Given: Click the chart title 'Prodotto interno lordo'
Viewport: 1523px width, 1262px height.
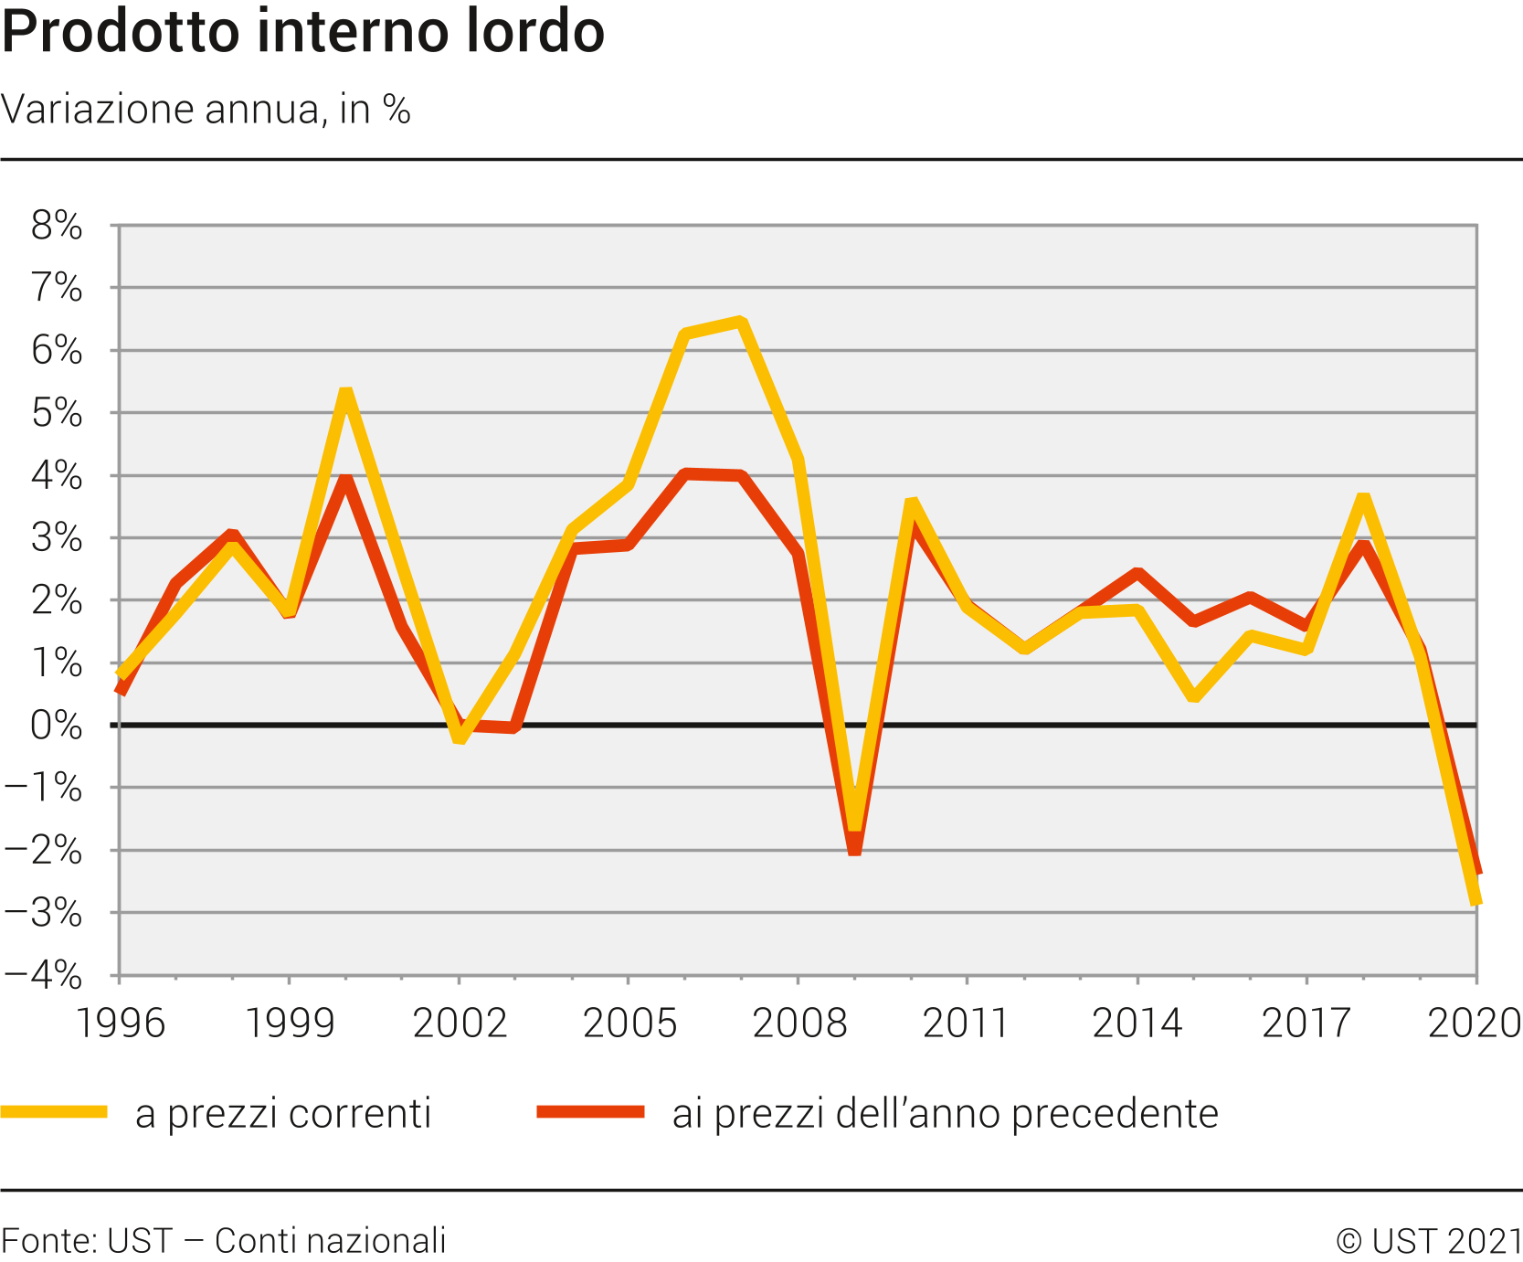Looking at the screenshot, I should [302, 33].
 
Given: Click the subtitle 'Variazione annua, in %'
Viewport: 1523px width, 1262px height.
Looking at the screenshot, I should [206, 110].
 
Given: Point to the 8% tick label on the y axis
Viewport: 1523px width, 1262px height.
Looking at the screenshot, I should [57, 226].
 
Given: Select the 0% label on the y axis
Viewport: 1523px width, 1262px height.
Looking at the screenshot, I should [57, 726].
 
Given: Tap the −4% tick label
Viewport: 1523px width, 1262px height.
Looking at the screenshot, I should [44, 976].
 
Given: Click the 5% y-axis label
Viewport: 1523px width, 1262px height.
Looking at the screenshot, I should [57, 414].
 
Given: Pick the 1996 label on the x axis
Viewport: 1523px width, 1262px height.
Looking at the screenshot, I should [120, 1023].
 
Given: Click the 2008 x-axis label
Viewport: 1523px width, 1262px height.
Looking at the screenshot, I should [799, 1023].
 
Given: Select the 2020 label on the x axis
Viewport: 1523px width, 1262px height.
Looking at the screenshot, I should [1474, 1023].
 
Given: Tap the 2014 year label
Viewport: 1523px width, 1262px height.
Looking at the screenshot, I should [1137, 1023].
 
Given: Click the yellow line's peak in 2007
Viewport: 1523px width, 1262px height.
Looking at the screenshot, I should [741, 322].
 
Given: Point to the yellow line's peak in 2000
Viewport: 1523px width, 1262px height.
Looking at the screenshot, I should [345, 393].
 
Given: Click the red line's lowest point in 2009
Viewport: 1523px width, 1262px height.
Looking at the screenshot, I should [854, 850].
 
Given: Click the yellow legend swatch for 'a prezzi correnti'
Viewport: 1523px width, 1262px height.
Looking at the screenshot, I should [54, 1112].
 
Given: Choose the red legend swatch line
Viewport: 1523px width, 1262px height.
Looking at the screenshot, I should [590, 1112].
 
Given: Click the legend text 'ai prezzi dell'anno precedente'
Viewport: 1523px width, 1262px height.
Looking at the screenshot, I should [945, 1114].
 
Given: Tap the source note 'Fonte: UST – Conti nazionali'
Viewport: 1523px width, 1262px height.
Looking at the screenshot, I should [224, 1241].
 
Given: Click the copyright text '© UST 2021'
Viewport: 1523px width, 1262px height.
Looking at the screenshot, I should [1429, 1241].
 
